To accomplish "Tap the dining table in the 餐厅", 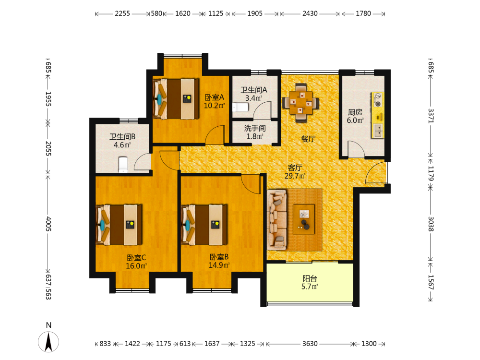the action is click(301, 102).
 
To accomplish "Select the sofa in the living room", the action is click(277, 219).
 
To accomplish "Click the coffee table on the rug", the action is click(304, 219).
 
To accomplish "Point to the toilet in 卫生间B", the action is click(123, 165).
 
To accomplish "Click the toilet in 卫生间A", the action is click(240, 108).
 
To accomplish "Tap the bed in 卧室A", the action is click(176, 99).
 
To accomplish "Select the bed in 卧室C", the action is click(119, 225).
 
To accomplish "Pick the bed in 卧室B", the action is click(204, 225).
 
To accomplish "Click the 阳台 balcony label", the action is click(310, 278).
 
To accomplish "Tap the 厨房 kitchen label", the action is click(355, 112).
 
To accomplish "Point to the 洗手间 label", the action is click(255, 128).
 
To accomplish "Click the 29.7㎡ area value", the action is click(295, 176).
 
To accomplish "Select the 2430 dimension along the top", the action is click(310, 13).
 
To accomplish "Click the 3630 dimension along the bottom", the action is click(310, 344).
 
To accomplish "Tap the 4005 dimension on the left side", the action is click(48, 224).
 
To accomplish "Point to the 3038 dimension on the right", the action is click(431, 224).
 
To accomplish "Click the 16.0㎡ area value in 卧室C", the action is click(136, 266).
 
